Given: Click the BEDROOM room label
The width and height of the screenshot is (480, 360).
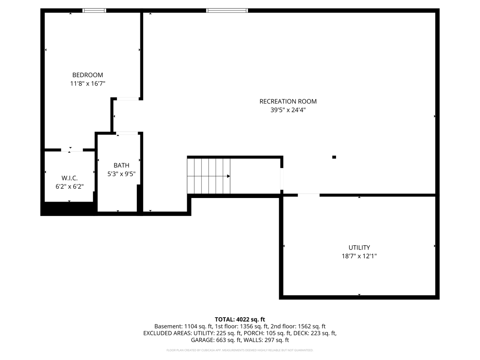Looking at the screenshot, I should [87, 75].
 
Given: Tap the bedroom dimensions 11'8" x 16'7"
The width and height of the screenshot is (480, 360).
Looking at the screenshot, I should [87, 84].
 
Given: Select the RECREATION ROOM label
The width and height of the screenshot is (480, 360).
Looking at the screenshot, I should [288, 101].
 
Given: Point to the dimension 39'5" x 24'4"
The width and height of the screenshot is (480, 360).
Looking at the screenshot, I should [288, 110].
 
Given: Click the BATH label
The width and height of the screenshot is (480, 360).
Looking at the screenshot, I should [121, 165].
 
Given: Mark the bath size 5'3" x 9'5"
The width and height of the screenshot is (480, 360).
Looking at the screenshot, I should [121, 174].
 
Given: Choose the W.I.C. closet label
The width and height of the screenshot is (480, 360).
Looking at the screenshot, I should [69, 178].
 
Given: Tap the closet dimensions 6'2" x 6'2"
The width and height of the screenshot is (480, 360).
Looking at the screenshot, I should [69, 186].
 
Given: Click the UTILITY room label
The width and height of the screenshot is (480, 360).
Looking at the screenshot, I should [359, 248].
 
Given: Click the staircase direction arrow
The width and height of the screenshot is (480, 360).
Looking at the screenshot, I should [228, 176].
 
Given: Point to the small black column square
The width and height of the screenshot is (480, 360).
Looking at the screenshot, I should [334, 157].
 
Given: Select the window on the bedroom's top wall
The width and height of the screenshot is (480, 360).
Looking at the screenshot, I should [94, 10].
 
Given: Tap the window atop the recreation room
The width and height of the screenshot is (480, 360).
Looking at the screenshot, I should [227, 10].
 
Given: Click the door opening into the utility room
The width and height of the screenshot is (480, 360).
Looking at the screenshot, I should [308, 195].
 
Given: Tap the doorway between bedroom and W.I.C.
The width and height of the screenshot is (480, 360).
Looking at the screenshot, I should [72, 150].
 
